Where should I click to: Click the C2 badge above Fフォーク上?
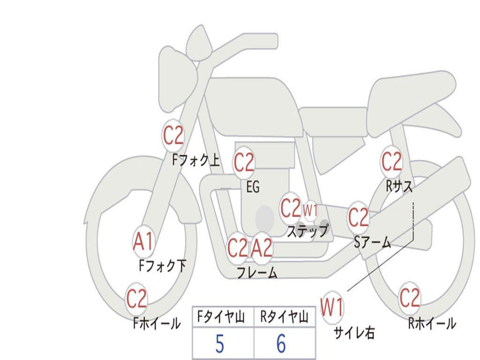coord(173,135)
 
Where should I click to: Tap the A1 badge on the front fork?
coord(143,242)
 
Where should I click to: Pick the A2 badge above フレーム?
coord(262,247)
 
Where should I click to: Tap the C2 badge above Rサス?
coord(391,162)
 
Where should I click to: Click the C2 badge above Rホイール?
coord(409,298)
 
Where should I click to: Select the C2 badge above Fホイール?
coord(136,299)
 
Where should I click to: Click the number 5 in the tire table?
coord(219,345)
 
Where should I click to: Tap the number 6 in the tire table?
coord(281,345)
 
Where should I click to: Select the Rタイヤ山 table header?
coord(284,318)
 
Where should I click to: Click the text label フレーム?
coord(256,273)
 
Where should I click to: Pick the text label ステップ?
coord(307,231)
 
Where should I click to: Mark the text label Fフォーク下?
coord(162,266)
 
